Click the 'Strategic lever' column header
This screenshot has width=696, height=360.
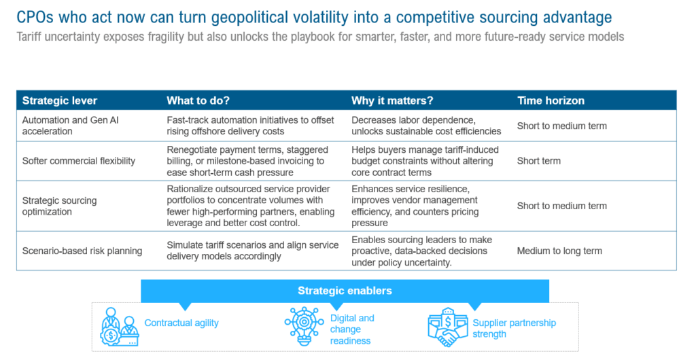pos(60,101)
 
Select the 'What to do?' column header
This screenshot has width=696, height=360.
pos(198,101)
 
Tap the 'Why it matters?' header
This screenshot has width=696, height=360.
pos(392,101)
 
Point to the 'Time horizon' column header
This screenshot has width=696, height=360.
pos(551,101)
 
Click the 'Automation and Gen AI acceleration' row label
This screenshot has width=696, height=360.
pos(70,126)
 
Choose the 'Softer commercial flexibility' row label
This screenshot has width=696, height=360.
pos(79,161)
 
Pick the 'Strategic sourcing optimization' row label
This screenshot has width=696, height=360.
pos(59,206)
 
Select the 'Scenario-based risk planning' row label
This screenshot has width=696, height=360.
pos(82,251)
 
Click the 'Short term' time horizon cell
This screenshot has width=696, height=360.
pos(538,161)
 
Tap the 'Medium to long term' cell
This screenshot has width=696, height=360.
pos(559,251)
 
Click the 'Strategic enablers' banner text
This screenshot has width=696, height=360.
pos(345,291)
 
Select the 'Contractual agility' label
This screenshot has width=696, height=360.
pos(181,323)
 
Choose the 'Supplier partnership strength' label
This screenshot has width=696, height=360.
pos(514,329)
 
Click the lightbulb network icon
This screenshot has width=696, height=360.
pos(304,326)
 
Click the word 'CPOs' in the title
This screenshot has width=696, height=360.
pos(35,17)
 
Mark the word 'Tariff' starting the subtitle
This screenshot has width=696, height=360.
pos(29,37)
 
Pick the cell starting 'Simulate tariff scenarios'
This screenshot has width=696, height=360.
pos(253,251)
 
